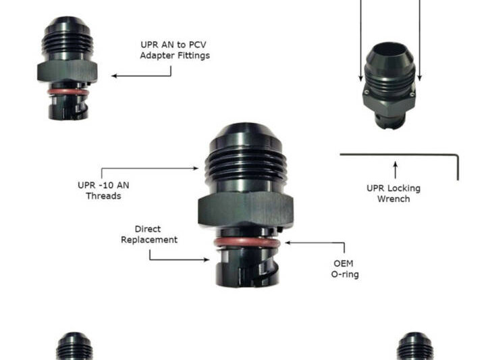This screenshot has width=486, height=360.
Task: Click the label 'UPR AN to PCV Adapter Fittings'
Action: tap(175, 50)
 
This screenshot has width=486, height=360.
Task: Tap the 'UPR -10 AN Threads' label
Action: tap(103, 190)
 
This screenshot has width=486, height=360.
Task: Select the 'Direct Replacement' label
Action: tap(149, 234)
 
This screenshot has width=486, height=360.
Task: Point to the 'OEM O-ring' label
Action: tap(345, 269)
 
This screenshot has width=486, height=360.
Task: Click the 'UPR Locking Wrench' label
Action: tap(394, 193)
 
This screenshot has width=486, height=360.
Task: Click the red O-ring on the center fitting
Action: tap(247, 242)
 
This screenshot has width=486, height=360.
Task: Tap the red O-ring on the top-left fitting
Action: tap(68, 92)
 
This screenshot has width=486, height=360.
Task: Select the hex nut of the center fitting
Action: tap(246, 209)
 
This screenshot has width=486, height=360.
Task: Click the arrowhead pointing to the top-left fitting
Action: tap(114, 76)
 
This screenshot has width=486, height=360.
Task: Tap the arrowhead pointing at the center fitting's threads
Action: tap(196, 168)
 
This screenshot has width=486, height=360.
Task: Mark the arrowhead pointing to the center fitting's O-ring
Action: tap(288, 242)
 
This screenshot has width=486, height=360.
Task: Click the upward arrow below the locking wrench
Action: tap(396, 170)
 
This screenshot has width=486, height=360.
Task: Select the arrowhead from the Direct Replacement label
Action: tap(207, 259)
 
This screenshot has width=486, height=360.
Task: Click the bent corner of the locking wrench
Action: tap(456, 156)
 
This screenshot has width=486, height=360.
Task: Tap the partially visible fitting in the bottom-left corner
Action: tap(74, 346)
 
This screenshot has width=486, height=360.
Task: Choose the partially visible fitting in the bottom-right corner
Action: tap(415, 346)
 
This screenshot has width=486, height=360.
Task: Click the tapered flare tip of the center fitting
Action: tap(245, 133)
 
